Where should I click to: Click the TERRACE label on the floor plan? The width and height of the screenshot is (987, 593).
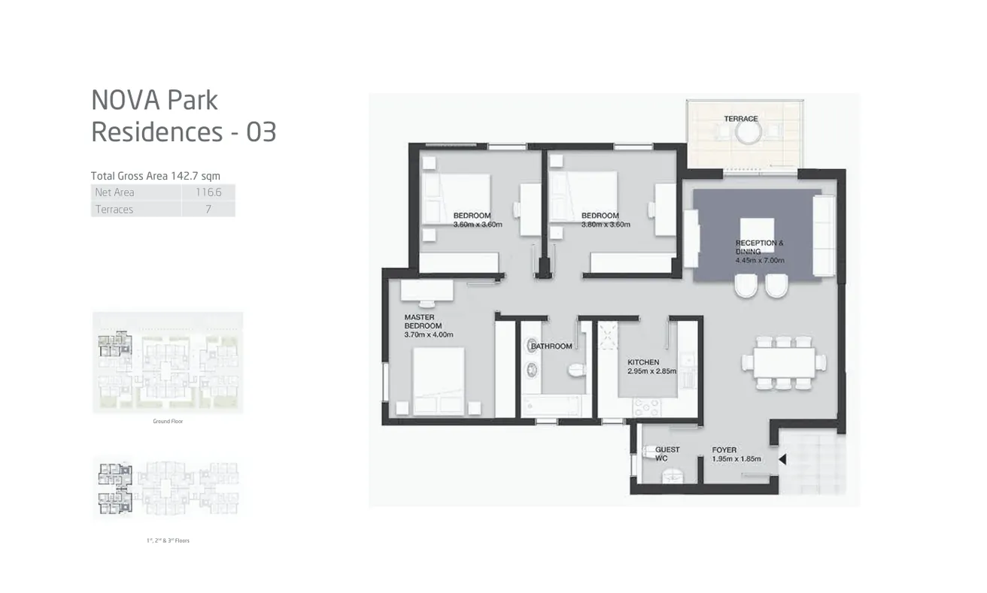(x=741, y=119)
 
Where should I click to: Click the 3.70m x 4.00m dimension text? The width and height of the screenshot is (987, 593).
(x=429, y=335)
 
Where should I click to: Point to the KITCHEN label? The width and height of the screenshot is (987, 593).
(x=643, y=362)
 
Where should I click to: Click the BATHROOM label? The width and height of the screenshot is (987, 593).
(x=551, y=346)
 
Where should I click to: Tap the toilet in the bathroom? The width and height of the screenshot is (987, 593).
(x=575, y=370)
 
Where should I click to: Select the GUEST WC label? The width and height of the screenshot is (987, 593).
(x=667, y=454)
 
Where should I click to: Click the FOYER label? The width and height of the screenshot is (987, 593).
(x=724, y=450)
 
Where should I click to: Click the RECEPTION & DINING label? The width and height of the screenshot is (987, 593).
(x=759, y=247)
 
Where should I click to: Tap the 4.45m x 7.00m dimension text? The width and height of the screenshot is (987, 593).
(x=760, y=261)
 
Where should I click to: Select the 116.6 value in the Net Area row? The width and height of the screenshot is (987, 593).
(x=208, y=192)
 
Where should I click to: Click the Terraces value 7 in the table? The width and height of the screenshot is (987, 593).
(x=208, y=210)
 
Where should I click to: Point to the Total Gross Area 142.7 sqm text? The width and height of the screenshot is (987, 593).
(x=155, y=176)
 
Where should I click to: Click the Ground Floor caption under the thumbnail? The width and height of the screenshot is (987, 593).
(x=168, y=422)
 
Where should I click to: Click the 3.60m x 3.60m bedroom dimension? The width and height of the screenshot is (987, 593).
(x=477, y=224)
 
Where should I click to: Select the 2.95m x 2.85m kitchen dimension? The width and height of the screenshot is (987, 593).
(x=651, y=371)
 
